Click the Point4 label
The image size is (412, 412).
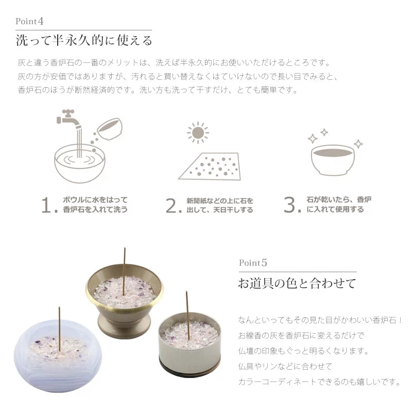29,21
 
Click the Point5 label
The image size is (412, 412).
253,263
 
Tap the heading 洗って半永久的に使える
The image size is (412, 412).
84,41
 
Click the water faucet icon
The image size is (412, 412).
69,119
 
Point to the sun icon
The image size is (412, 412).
198,133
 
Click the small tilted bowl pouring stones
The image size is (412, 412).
110,129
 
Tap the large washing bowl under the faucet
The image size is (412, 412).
80,163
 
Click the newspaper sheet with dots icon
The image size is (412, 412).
210,166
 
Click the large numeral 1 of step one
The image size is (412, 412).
49,205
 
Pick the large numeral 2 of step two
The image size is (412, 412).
174,205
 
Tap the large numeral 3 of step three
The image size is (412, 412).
291,204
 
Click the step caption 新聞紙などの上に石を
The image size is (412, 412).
220,201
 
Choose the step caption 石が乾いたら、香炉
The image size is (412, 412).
339,200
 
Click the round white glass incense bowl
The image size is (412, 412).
58,355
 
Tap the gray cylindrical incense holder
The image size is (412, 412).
190,344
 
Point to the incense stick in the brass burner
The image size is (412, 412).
124,271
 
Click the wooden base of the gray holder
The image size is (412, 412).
190,369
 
